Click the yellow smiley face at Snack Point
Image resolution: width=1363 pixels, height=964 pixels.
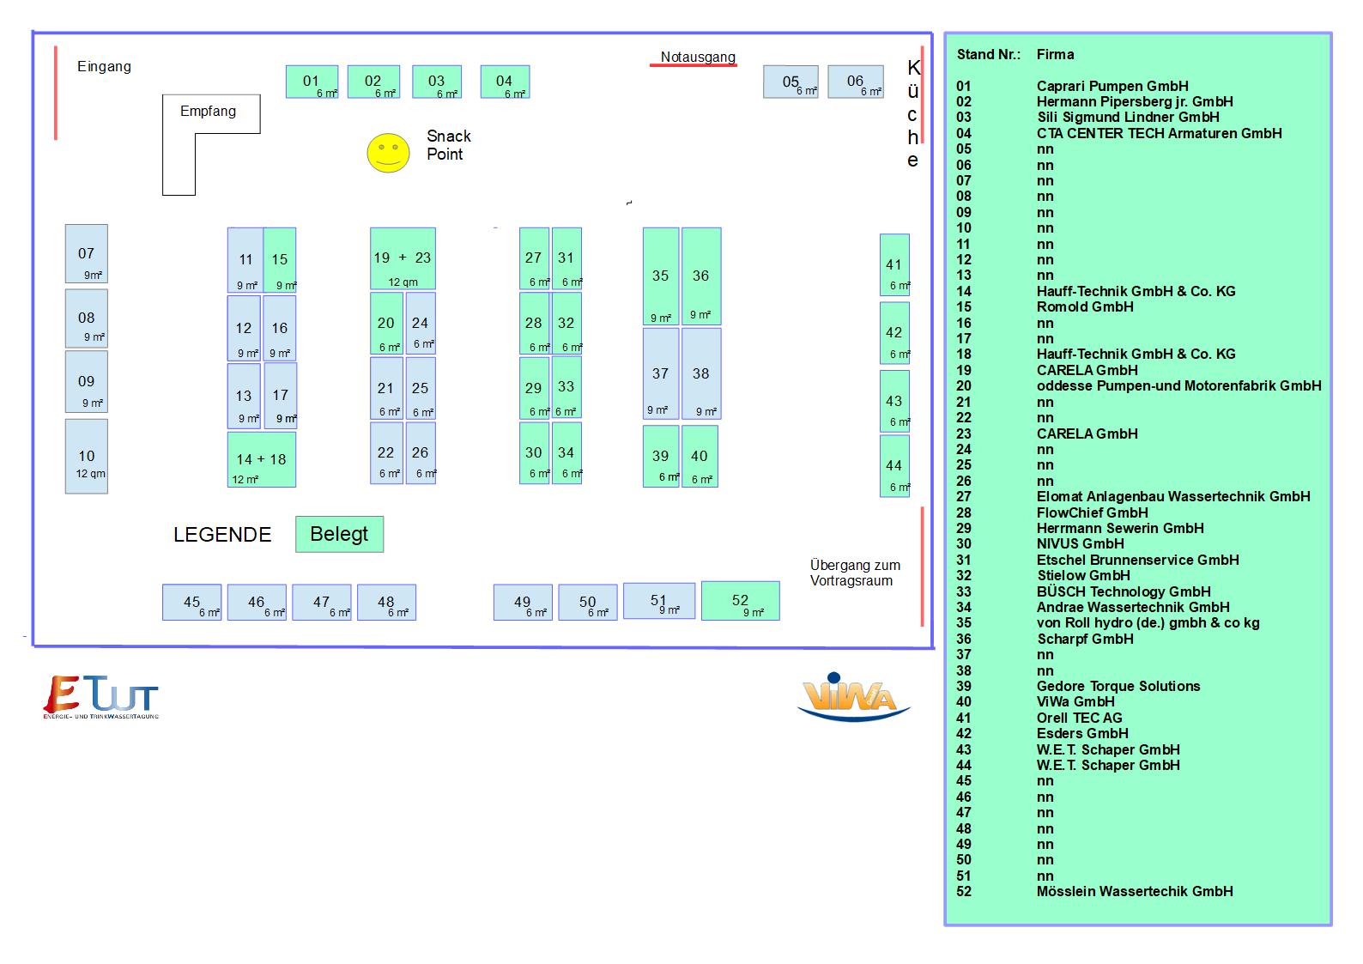388,153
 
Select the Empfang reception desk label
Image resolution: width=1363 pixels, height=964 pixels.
208,111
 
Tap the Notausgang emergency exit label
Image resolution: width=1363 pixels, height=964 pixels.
698,57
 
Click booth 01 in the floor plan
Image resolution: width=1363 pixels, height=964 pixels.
312,82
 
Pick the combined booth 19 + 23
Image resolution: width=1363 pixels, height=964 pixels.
403,258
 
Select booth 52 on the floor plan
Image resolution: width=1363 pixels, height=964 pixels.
741,601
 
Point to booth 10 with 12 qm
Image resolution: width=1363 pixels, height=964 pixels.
87,456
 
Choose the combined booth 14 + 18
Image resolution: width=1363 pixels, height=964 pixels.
262,459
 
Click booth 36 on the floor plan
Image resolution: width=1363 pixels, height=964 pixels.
701,276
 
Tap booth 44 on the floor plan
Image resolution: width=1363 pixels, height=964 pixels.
894,466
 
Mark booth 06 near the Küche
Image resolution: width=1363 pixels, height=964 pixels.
856,82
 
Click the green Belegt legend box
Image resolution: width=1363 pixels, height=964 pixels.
340,534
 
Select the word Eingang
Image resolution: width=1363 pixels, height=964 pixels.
104,66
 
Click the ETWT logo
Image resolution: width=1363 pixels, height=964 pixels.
101,697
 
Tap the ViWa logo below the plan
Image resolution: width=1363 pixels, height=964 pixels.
854,697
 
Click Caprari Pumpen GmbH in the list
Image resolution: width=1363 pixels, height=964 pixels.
1112,86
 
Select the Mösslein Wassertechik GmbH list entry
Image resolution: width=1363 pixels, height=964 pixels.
1135,891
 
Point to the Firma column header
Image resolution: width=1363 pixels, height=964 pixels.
1055,54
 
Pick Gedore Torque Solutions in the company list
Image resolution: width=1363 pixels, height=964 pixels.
1118,686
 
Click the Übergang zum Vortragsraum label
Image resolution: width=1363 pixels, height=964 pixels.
855,573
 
